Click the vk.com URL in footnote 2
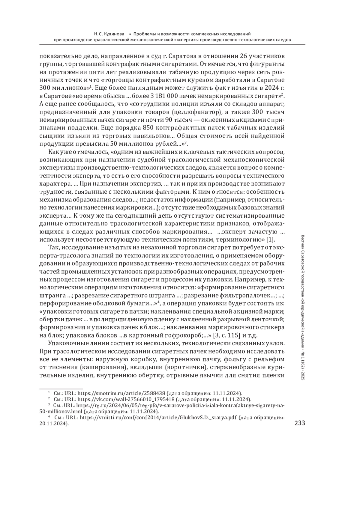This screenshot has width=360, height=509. (126, 399)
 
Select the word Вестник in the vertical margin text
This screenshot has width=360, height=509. (302, 241)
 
